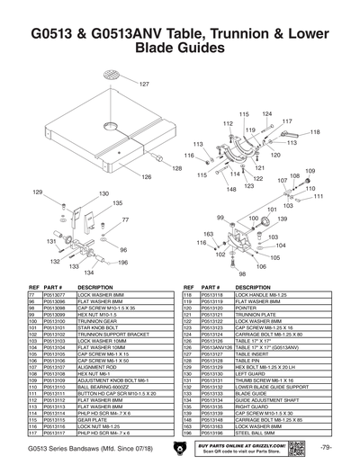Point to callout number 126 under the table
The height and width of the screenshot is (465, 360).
[x=144, y=177]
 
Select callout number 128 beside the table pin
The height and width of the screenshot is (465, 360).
[x=177, y=168]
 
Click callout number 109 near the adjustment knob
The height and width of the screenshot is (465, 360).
[x=310, y=171]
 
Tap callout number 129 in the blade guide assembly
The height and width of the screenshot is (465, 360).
[x=37, y=192]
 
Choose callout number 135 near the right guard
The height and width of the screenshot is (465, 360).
[x=117, y=204]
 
